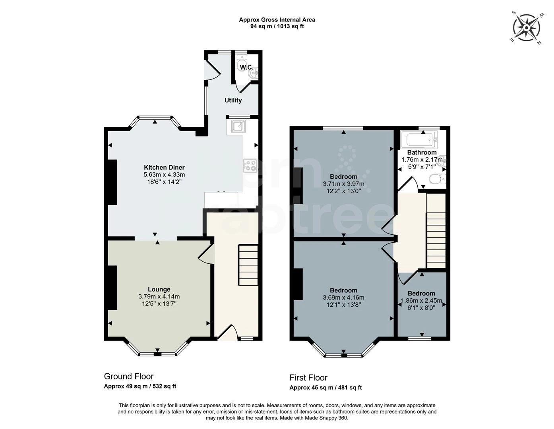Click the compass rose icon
pyautogui.click(x=526, y=28)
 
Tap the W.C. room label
pyautogui.click(x=246, y=68)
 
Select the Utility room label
pyautogui.click(x=233, y=100)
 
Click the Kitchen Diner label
pyautogui.click(x=164, y=167)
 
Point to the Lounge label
pyautogui.click(x=159, y=289)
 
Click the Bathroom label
pyautogui.click(x=422, y=153)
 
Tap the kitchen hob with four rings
pyautogui.click(x=250, y=166)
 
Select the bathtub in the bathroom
pyautogui.click(x=419, y=139)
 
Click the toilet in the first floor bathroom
pyautogui.click(x=438, y=179)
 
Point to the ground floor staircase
pyautogui.click(x=248, y=265)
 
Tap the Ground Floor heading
pyautogui.click(x=129, y=376)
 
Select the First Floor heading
pyautogui.click(x=308, y=377)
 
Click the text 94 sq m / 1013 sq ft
pyautogui.click(x=277, y=26)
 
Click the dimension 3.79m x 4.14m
pyautogui.click(x=159, y=297)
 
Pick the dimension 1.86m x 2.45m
pyautogui.click(x=422, y=301)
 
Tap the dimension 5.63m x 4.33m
pyautogui.click(x=164, y=175)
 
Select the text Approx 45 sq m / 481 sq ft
pyautogui.click(x=325, y=387)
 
